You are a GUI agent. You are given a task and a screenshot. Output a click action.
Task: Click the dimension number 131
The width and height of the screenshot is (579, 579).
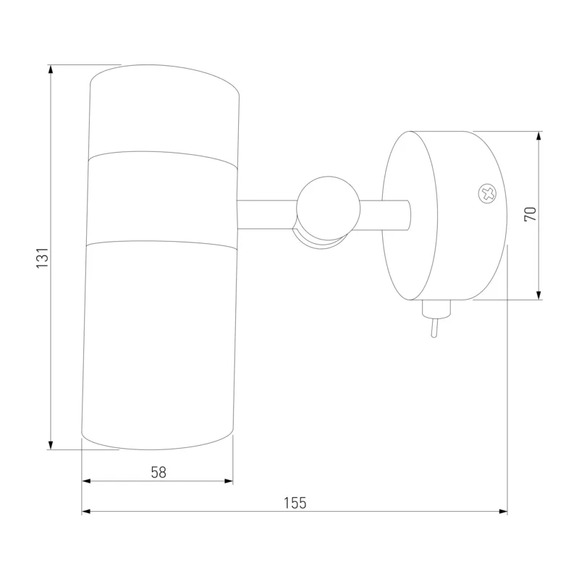(43, 258)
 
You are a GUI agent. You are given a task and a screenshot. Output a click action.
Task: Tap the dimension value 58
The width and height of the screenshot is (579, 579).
(159, 473)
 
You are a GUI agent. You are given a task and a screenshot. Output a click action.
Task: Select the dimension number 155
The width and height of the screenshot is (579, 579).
(295, 503)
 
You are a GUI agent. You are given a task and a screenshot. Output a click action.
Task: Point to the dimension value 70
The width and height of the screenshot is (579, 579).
(530, 214)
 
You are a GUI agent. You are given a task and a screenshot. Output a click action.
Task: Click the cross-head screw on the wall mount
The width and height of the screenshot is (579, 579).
(487, 194)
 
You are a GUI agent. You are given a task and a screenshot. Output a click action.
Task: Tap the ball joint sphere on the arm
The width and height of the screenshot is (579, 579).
(329, 208)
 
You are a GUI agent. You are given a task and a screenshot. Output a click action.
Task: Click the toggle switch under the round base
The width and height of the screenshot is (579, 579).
(436, 318)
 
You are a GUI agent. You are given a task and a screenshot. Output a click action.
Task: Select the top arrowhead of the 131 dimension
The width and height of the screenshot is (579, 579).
(51, 69)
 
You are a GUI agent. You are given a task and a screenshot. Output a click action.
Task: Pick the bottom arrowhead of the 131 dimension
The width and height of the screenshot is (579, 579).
(51, 445)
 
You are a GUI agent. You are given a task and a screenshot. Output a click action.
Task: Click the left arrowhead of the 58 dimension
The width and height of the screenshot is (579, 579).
(86, 481)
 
